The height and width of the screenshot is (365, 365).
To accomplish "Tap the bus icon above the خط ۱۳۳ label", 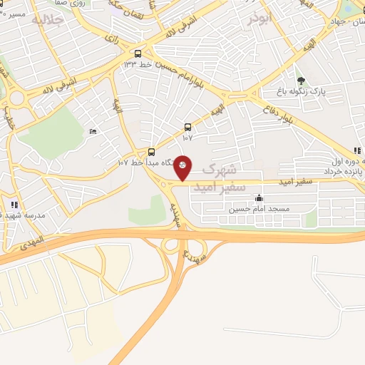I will tap(138, 53).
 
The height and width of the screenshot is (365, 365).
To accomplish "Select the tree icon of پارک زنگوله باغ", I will tap(302, 81).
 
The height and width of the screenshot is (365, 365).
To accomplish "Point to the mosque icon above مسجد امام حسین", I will tap(259, 198).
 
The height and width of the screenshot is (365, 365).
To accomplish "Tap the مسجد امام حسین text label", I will tap(259, 210).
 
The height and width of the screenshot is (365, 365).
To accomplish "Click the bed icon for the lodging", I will tap(93, 132).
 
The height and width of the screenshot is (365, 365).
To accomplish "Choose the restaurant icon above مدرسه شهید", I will tap(15, 205).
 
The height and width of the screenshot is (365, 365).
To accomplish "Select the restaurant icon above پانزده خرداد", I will tap(358, 150).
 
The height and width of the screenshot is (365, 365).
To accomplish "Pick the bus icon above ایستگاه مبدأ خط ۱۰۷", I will tap(152, 151).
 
